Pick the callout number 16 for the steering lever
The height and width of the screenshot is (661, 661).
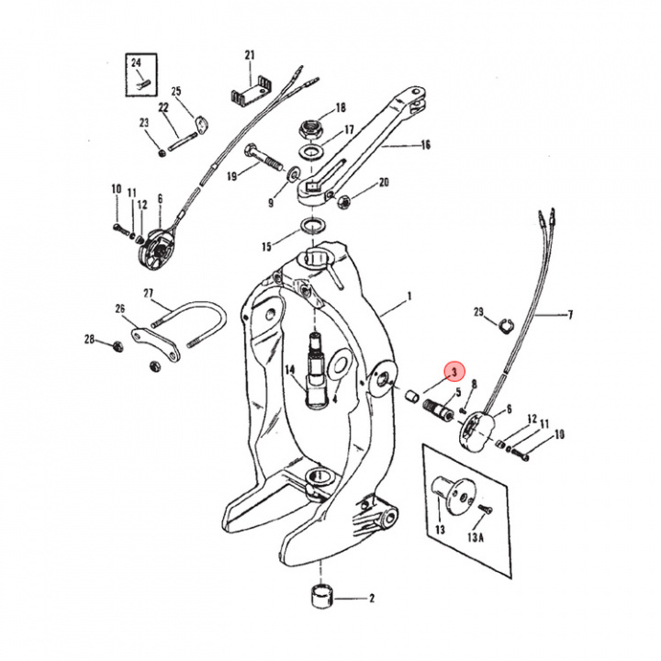pos(425,145)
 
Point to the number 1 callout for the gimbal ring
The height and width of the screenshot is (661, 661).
pos(409,297)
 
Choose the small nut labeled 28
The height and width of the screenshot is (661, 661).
pos(116,345)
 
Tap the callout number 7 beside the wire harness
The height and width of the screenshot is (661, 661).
pos(569,316)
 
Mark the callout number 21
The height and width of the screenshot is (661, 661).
pos(249,56)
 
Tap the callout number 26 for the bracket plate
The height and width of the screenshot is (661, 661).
pos(120,308)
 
